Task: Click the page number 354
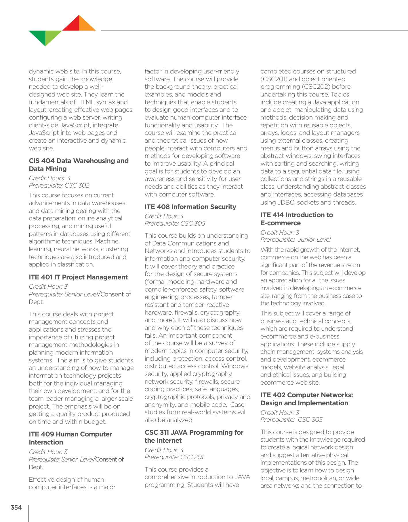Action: point(16,508)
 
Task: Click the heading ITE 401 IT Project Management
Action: point(78,277)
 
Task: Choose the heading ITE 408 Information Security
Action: point(190,207)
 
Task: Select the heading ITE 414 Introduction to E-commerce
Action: point(296,219)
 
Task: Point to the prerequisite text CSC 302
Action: point(77,186)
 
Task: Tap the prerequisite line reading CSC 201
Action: point(174,457)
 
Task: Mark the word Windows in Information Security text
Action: point(234,366)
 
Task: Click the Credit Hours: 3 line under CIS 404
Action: point(49,178)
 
